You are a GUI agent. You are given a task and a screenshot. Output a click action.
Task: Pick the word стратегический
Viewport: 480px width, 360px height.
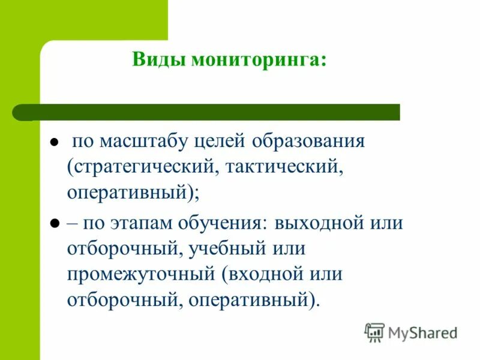[x=143, y=167]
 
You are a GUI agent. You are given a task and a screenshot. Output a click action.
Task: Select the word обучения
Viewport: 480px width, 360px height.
[x=222, y=223]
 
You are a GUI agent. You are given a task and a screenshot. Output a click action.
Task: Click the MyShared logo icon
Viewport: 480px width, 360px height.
[x=374, y=332]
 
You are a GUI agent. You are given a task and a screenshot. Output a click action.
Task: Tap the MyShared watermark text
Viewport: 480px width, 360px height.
[x=422, y=332]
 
